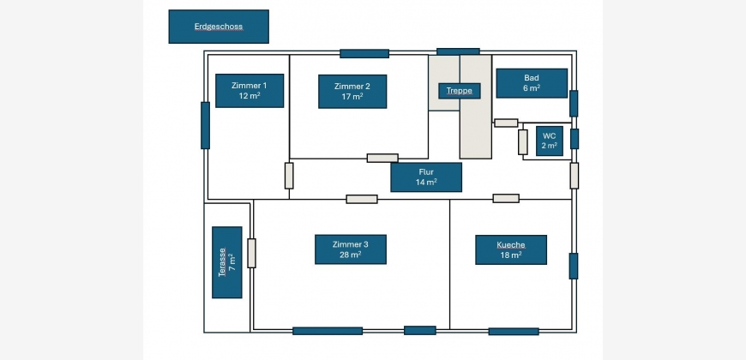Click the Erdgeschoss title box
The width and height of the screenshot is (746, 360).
(x=219, y=27)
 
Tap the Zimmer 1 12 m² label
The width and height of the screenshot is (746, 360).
(x=250, y=90)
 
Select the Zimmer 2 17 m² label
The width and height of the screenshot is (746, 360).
(x=352, y=92)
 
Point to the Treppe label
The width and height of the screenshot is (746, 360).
(x=460, y=91)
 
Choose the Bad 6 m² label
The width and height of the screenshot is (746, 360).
(x=532, y=83)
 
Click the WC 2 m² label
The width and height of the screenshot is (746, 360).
(x=550, y=141)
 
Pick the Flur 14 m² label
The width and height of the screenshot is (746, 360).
(x=426, y=177)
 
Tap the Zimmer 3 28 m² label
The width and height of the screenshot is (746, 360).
(x=351, y=249)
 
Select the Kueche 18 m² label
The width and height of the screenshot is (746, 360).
(x=511, y=249)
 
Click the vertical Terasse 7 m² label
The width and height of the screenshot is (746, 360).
(x=227, y=262)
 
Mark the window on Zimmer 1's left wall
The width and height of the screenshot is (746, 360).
(x=205, y=125)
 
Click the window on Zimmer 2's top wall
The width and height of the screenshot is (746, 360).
(x=364, y=54)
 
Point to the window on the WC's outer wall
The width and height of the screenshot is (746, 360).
(x=575, y=139)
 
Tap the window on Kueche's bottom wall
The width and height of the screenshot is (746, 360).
(x=514, y=332)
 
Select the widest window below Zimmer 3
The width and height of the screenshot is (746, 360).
(x=328, y=331)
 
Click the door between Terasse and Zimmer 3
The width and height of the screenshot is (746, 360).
(x=252, y=253)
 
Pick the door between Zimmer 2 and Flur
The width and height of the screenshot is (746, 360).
(x=382, y=158)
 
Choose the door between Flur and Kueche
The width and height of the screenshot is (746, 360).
(x=506, y=198)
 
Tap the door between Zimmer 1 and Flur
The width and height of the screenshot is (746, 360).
(x=289, y=176)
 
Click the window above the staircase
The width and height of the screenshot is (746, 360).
(x=458, y=51)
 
